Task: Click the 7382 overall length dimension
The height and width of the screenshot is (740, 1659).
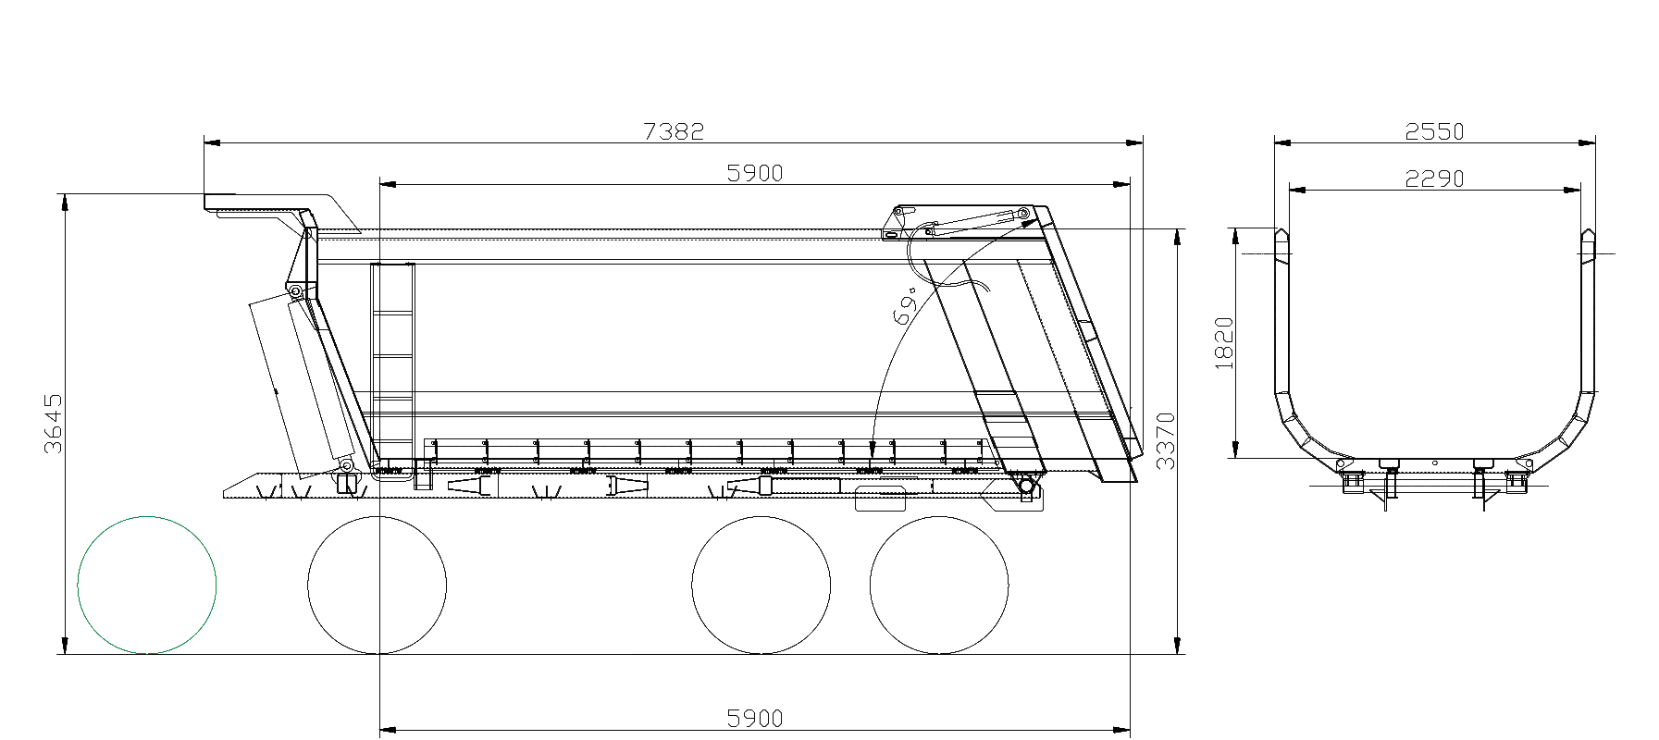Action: [x=674, y=131]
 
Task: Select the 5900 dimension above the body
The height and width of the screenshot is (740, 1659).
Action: [x=755, y=173]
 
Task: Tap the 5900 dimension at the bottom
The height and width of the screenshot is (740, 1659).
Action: [x=755, y=719]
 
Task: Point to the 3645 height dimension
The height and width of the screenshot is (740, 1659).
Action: [x=54, y=423]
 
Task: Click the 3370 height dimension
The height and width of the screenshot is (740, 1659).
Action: [x=1166, y=441]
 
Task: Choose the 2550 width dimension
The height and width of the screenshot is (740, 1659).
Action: [x=1434, y=131]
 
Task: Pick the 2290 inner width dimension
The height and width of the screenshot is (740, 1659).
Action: [x=1434, y=178]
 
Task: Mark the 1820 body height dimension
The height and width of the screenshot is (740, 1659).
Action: [x=1224, y=343]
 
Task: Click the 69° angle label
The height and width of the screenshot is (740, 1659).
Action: [x=907, y=305]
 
